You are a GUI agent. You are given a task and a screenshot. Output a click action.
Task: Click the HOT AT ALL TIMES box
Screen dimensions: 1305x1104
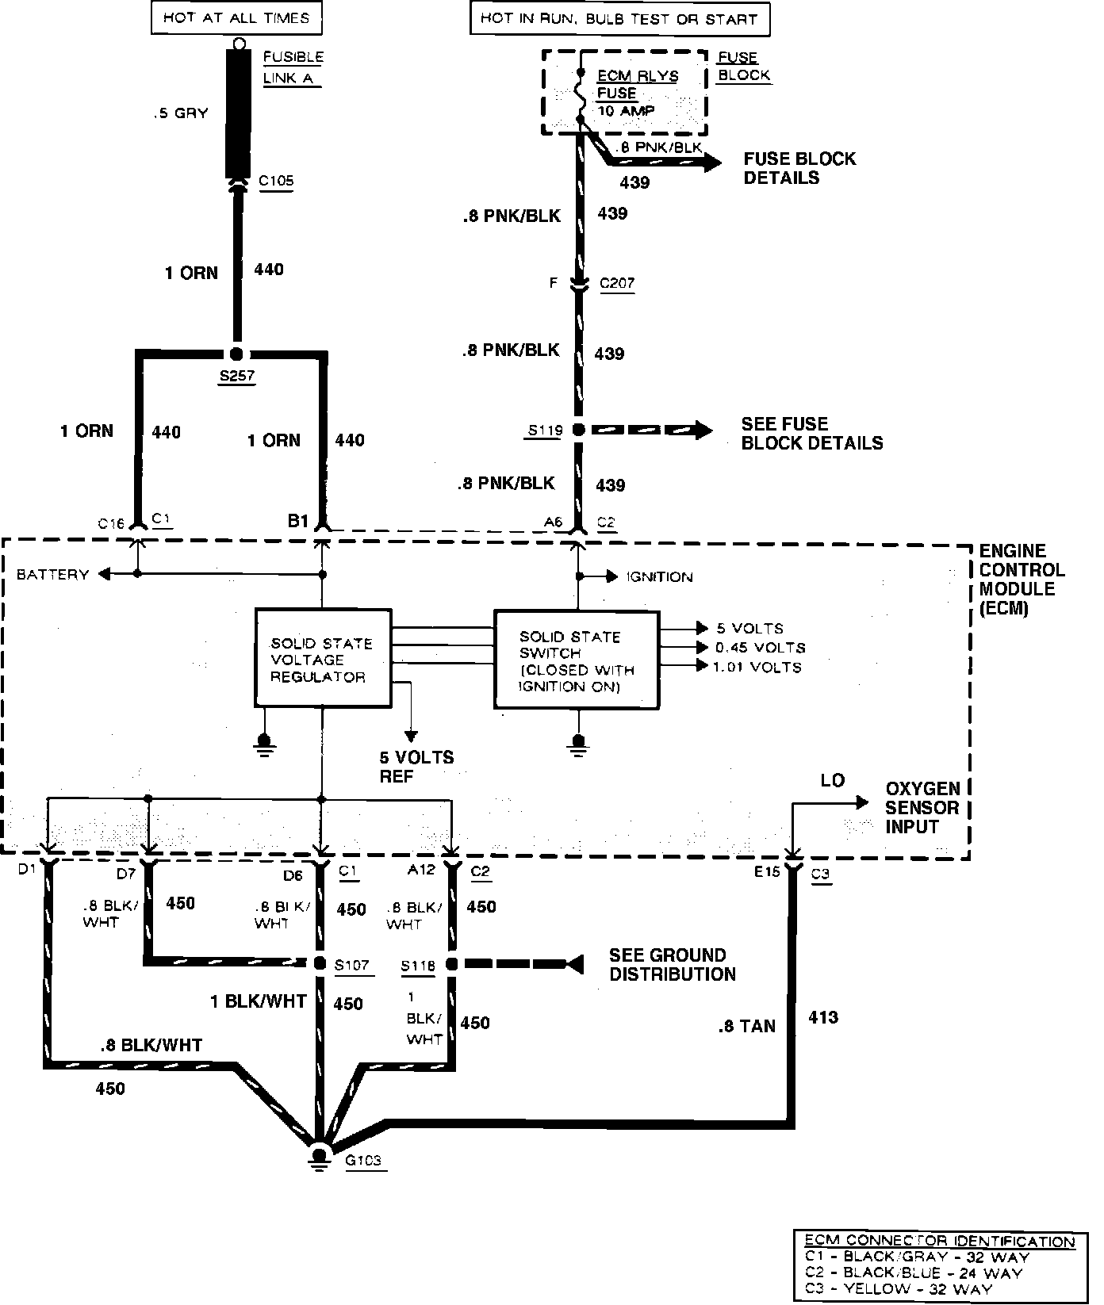pos(236,18)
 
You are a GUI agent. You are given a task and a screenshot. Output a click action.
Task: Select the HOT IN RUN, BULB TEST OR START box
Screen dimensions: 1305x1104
pos(619,19)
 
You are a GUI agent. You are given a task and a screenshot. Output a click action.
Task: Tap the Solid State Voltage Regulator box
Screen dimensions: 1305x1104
pos(322,659)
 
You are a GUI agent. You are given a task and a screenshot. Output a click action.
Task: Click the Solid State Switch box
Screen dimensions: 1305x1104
pos(577,660)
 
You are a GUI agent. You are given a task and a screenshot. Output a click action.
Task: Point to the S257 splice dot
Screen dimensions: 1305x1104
pos(236,355)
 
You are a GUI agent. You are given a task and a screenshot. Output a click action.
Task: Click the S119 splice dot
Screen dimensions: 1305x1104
pos(579,431)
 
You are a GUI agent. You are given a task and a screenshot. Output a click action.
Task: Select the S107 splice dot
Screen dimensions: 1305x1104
pos(320,964)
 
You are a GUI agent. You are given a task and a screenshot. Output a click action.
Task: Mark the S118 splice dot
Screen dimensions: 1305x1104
pos(452,965)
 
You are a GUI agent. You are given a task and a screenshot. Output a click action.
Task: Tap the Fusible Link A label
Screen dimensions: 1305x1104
pos(293,67)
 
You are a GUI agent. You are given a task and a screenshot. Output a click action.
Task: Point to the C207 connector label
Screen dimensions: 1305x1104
pos(616,283)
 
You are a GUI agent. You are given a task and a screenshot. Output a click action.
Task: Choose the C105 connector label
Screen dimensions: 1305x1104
pos(276,181)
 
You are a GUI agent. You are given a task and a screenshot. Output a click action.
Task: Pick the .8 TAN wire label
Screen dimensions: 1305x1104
pos(746,1027)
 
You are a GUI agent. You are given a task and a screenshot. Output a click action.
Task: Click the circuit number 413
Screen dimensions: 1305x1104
pos(823,1017)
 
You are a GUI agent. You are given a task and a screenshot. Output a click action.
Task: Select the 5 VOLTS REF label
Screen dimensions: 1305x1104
pos(416,767)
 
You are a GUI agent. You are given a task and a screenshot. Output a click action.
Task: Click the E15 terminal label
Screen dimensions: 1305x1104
pos(767,872)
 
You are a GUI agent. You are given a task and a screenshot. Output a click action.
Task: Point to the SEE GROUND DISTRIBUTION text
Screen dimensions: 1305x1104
pos(672,965)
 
